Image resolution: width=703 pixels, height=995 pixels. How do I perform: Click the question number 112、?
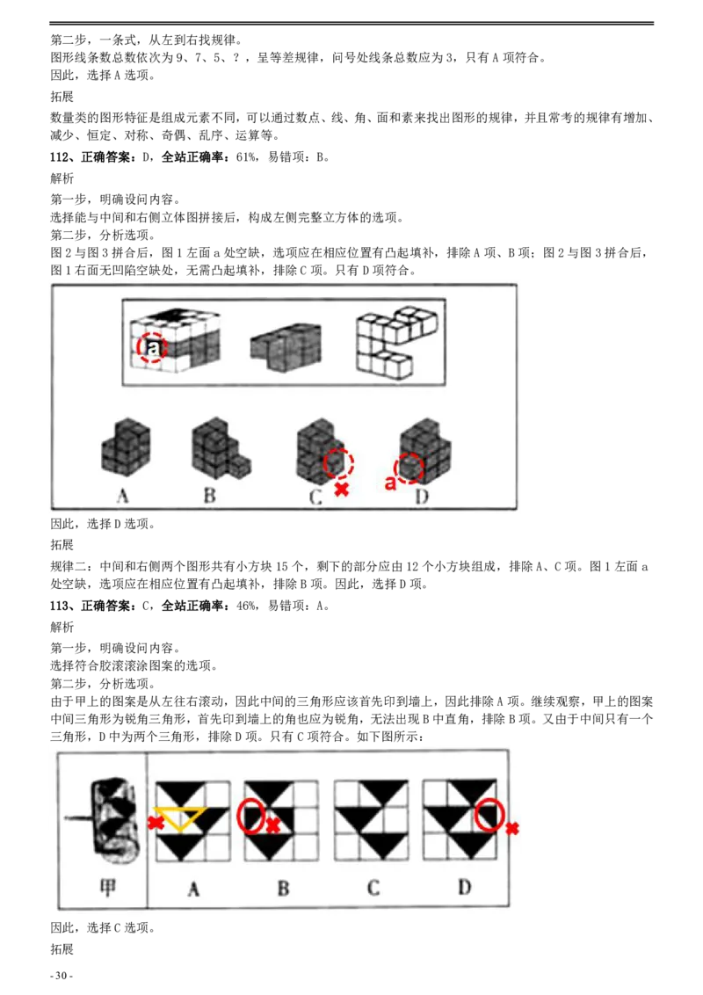[x=62, y=156]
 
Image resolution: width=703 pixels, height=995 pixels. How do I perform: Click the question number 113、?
[x=62, y=606]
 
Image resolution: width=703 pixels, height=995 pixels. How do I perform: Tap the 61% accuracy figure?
[x=246, y=156]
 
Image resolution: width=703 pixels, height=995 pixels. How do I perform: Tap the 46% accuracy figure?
[x=246, y=606]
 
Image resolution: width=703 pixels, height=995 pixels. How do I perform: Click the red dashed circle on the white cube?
[x=152, y=348]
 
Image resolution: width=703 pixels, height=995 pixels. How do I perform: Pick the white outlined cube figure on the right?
[x=396, y=342]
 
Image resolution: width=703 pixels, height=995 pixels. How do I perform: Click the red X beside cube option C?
[x=341, y=489]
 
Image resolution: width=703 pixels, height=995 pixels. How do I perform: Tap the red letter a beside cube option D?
[x=390, y=483]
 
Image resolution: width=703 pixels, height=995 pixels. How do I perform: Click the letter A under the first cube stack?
[x=123, y=495]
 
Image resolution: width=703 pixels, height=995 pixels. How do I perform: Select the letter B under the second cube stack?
[x=210, y=495]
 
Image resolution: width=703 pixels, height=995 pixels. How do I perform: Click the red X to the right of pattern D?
[x=512, y=828]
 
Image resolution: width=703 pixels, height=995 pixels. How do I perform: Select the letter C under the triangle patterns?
[x=373, y=887]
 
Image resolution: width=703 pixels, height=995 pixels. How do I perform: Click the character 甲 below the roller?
[x=107, y=887]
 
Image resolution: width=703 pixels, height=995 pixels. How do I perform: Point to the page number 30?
[x=62, y=976]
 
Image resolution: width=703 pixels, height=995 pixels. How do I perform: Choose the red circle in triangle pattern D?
[x=489, y=815]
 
